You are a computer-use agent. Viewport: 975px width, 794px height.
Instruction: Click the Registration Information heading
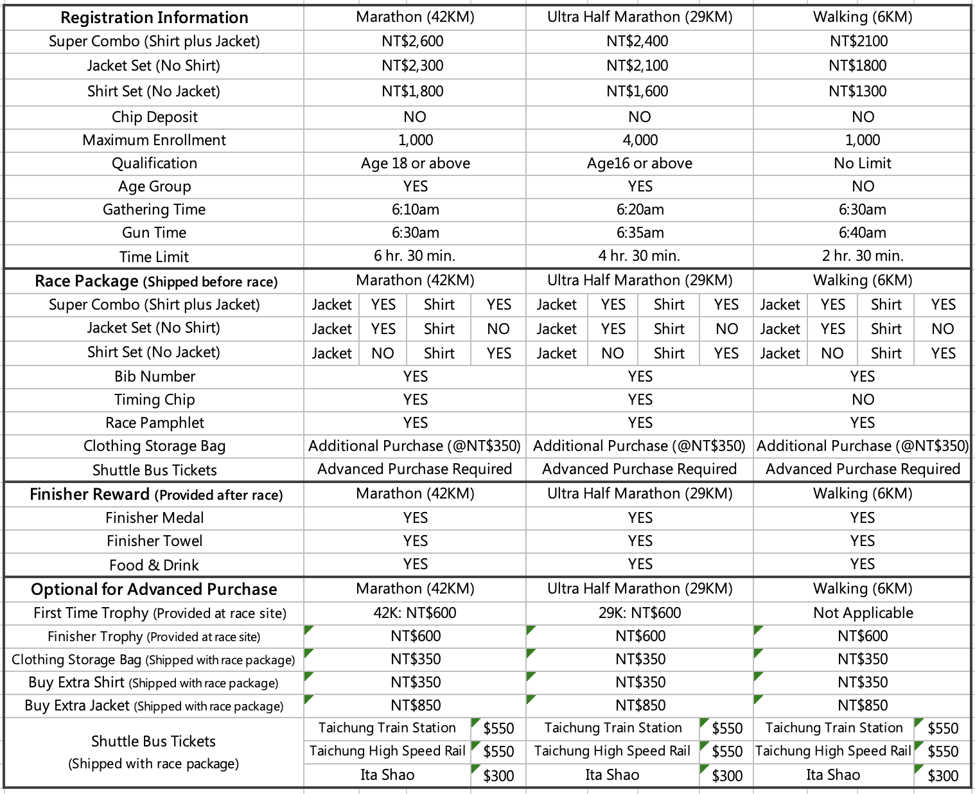tap(154, 17)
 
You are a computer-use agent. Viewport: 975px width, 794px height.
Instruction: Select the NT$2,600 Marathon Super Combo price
tap(415, 42)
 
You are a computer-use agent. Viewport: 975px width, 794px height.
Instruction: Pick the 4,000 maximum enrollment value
tap(640, 140)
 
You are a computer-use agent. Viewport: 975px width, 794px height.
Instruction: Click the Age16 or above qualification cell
tap(640, 163)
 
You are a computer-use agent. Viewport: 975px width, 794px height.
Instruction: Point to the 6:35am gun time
tap(640, 233)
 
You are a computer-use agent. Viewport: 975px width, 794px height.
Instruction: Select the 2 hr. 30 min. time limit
tap(863, 256)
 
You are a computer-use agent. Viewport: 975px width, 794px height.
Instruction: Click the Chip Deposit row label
tap(154, 117)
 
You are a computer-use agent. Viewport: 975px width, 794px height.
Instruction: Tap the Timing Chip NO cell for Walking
tap(863, 400)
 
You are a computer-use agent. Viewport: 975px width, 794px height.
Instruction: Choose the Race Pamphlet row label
tap(154, 423)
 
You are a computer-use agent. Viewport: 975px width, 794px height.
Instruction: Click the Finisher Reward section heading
tap(156, 495)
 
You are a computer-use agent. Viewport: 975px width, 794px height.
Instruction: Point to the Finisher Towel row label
tap(154, 541)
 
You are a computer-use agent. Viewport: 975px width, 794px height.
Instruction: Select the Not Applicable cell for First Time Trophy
tap(863, 613)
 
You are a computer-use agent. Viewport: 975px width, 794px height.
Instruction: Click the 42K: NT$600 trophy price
tap(415, 613)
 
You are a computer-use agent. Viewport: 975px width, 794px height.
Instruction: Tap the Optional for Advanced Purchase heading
tap(154, 590)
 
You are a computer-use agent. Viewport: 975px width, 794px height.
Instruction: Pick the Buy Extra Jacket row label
tap(154, 705)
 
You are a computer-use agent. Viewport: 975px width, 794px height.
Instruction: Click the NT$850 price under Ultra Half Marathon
tap(640, 705)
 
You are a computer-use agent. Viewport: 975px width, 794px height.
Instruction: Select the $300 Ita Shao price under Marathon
tap(498, 776)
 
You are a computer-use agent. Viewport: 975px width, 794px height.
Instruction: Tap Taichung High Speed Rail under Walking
tap(833, 751)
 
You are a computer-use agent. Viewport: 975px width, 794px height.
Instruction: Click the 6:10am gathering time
tap(415, 209)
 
